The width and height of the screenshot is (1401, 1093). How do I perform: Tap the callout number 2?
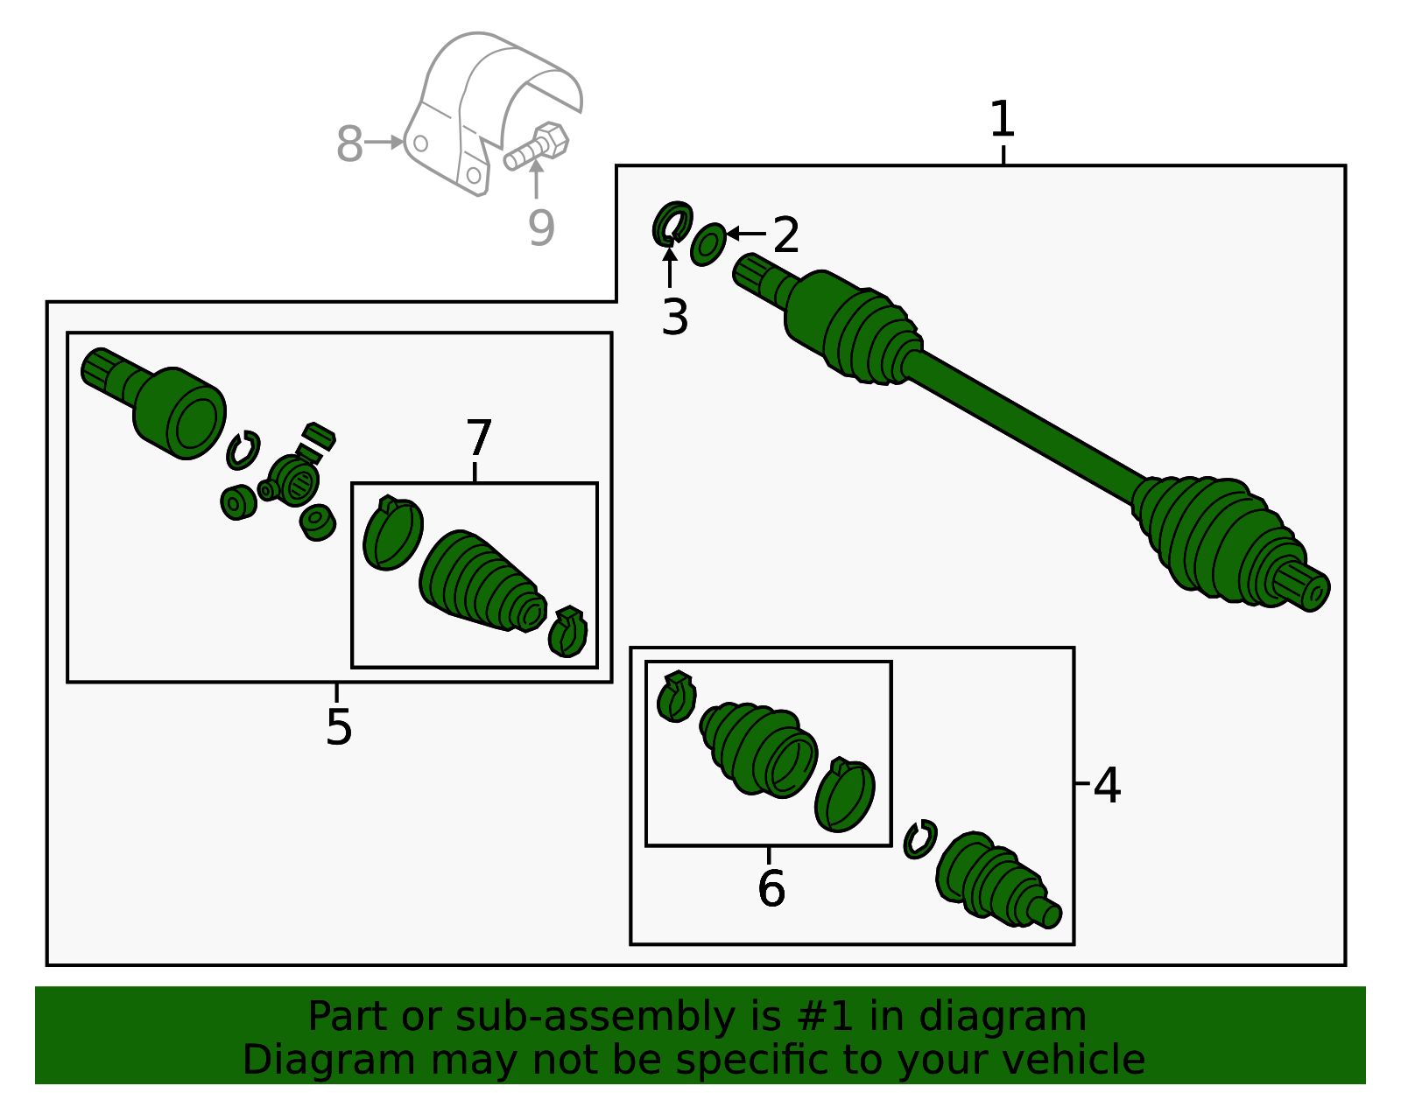785,235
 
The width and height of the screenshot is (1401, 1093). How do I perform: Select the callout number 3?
674,317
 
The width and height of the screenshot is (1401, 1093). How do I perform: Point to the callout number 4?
1107,785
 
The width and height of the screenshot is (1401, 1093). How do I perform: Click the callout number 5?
338,726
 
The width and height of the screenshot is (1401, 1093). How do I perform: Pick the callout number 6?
771,888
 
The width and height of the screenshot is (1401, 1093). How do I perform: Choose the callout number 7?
478,438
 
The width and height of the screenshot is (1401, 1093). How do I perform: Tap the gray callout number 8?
349,144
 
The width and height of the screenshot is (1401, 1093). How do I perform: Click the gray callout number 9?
541,228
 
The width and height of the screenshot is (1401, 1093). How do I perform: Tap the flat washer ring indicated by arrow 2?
708,244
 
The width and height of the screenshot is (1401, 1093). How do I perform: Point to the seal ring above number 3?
672,224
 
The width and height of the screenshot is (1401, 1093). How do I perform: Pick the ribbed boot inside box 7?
482,582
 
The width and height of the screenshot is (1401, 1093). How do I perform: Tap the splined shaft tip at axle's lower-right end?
1306,588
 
